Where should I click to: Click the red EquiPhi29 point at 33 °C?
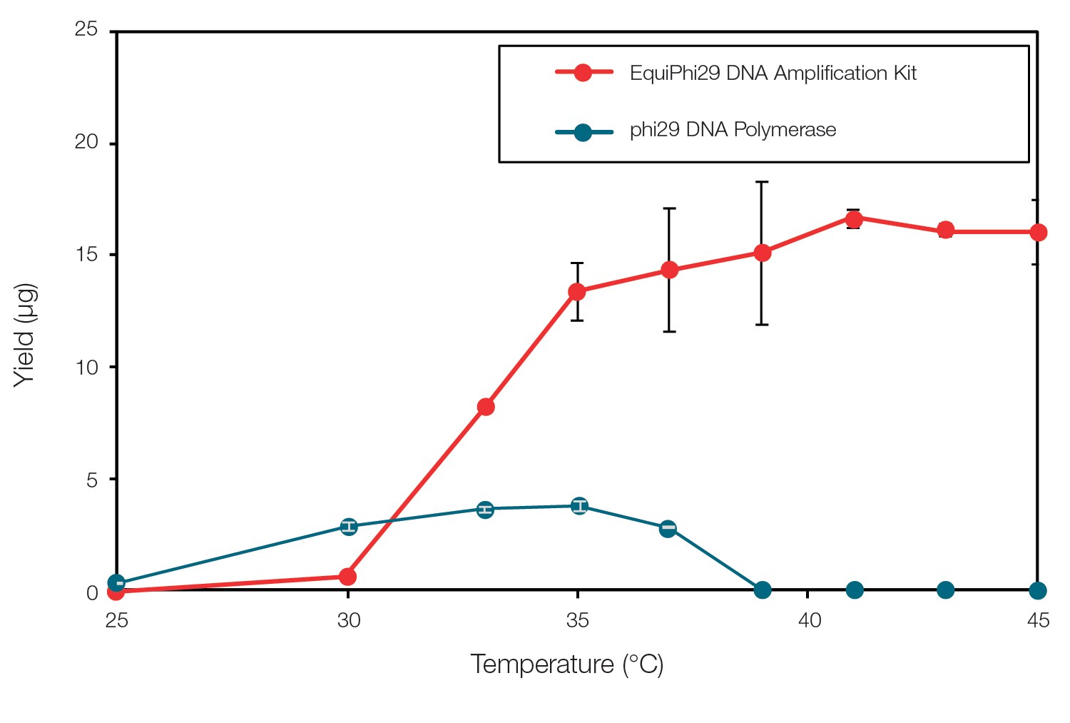486,407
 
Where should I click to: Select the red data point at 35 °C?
577,291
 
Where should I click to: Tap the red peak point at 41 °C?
854,218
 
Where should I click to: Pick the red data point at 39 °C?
762,253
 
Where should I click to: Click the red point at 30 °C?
347,576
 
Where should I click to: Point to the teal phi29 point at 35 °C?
580,506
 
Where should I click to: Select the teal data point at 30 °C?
348,527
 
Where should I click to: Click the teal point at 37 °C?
668,528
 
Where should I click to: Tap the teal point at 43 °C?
945,590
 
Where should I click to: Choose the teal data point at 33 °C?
485,509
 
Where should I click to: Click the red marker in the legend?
583,73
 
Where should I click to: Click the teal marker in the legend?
583,132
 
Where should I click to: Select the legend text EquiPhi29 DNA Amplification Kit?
773,73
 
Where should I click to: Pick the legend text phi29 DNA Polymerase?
733,130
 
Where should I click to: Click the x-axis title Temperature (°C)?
566,664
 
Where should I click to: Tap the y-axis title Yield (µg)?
25,335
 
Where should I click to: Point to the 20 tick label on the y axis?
86,142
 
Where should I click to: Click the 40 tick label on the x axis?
809,620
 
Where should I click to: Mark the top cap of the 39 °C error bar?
762,182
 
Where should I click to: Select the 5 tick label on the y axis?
92,480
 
